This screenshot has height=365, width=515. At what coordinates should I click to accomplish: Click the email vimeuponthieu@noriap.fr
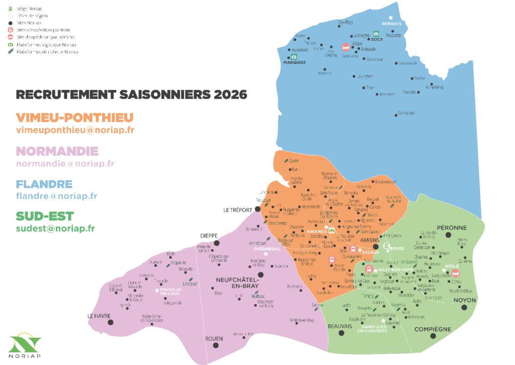click(75, 130)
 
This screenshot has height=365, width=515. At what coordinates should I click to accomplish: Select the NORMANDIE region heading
click(57, 151)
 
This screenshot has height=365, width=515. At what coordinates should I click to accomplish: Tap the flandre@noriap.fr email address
click(56, 196)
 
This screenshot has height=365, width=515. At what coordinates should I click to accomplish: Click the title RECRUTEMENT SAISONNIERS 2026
click(131, 94)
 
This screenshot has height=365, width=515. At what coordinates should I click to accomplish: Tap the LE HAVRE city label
click(98, 316)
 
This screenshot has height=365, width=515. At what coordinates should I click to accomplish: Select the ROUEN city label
click(214, 338)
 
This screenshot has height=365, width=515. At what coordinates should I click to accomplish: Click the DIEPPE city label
click(209, 235)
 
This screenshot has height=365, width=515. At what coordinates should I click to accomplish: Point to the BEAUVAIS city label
click(339, 326)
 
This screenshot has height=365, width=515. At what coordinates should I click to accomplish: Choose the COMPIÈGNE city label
click(433, 329)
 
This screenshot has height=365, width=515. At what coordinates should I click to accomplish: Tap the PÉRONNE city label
click(452, 228)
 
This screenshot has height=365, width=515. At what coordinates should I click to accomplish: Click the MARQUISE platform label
click(294, 62)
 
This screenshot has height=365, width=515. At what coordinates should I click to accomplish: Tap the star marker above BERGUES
click(390, 18)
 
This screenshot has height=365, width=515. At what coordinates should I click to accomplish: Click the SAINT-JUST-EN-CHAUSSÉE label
click(373, 329)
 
